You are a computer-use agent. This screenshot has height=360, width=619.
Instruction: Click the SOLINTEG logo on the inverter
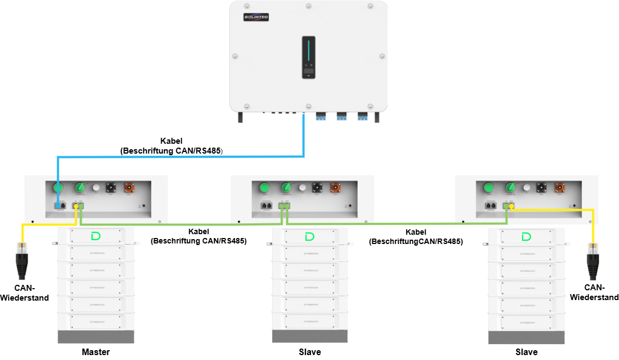coord(256,17)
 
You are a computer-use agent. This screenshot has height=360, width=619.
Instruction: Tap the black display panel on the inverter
coord(308,58)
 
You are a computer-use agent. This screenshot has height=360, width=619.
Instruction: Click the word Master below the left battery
coord(96,352)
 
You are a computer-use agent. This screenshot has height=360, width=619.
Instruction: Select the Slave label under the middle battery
coord(310,352)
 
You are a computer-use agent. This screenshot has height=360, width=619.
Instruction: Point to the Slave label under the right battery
coord(526,352)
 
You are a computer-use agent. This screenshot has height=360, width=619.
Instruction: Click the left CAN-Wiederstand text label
coord(24,293)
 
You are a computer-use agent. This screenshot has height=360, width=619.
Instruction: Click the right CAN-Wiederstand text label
coord(594,292)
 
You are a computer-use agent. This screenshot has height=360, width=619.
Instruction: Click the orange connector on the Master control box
coord(130,188)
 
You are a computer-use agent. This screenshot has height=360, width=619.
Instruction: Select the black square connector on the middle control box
coord(316,188)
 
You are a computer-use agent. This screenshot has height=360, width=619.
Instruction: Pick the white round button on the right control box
coord(526,188)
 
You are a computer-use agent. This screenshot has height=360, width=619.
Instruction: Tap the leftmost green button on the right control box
coord(488,188)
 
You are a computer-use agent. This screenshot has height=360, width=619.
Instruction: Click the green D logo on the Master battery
coord(96,236)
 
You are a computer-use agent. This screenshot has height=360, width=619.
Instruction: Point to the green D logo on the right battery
coord(526,236)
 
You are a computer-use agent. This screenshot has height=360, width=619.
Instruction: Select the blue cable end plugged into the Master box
coord(58,206)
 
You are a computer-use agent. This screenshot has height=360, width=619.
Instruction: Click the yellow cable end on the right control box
coord(512,206)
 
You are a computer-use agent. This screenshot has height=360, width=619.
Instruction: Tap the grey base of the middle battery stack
coord(310,336)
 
